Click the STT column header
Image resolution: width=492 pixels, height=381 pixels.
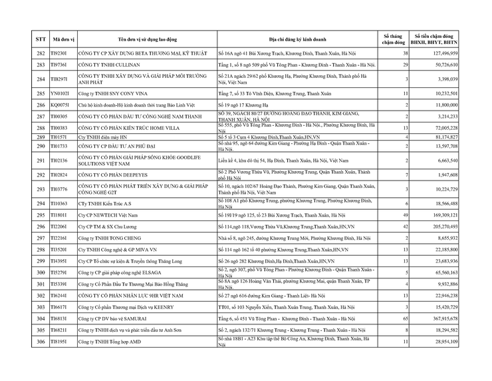41,39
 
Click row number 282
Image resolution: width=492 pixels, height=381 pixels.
41,53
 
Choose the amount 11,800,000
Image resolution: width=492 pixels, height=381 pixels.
443,105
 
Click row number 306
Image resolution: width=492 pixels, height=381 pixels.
41,341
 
